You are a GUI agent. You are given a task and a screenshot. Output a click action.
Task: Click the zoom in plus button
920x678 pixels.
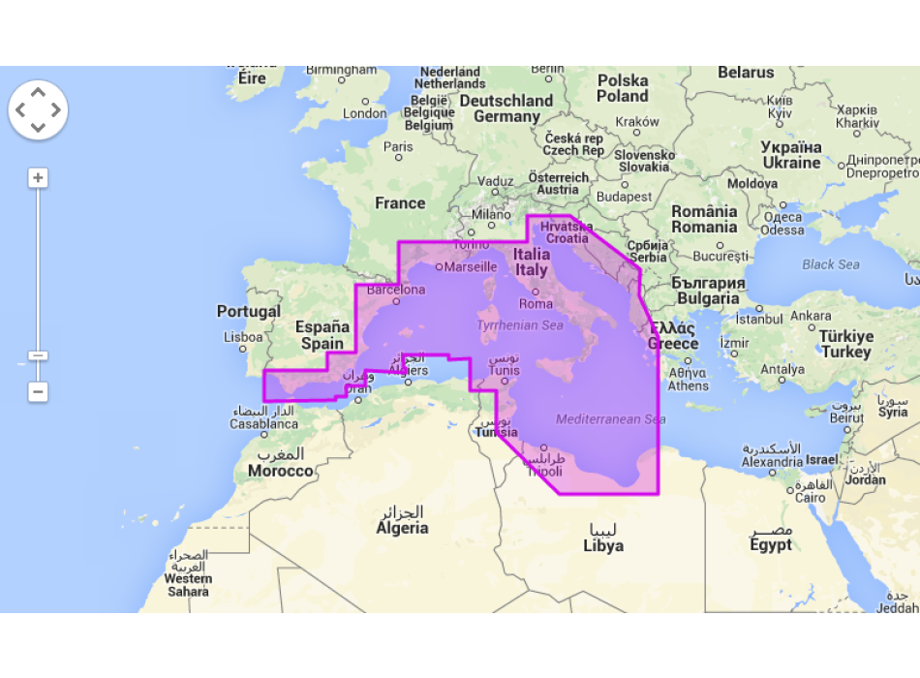(x=38, y=178)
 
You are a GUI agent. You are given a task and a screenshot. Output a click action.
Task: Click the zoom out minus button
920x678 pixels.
(x=38, y=392)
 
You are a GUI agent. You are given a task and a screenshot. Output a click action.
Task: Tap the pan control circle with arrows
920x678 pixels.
(x=38, y=109)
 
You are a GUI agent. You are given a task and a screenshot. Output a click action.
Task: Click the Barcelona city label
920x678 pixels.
(x=394, y=289)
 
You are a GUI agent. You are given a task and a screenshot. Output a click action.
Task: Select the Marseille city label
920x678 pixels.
(x=471, y=266)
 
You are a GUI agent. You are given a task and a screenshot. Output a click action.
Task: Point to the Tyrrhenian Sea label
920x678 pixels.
(x=519, y=325)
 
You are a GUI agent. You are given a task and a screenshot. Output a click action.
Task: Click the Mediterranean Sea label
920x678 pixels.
(x=610, y=419)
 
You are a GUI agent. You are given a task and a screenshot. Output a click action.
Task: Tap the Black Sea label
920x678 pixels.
(x=830, y=264)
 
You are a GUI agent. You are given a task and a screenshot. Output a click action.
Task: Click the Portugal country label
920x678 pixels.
(x=249, y=312)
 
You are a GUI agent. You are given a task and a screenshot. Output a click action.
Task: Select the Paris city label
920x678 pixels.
(x=398, y=147)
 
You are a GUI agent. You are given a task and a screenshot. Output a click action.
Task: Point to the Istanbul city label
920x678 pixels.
(x=759, y=318)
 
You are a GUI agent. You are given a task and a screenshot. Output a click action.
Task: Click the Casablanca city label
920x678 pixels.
(x=263, y=424)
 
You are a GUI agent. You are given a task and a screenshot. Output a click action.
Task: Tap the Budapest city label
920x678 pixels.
(x=625, y=197)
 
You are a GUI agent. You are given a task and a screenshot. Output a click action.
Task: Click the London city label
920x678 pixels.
(x=364, y=113)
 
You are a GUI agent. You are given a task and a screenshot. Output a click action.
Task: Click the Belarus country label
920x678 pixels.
(x=746, y=73)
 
